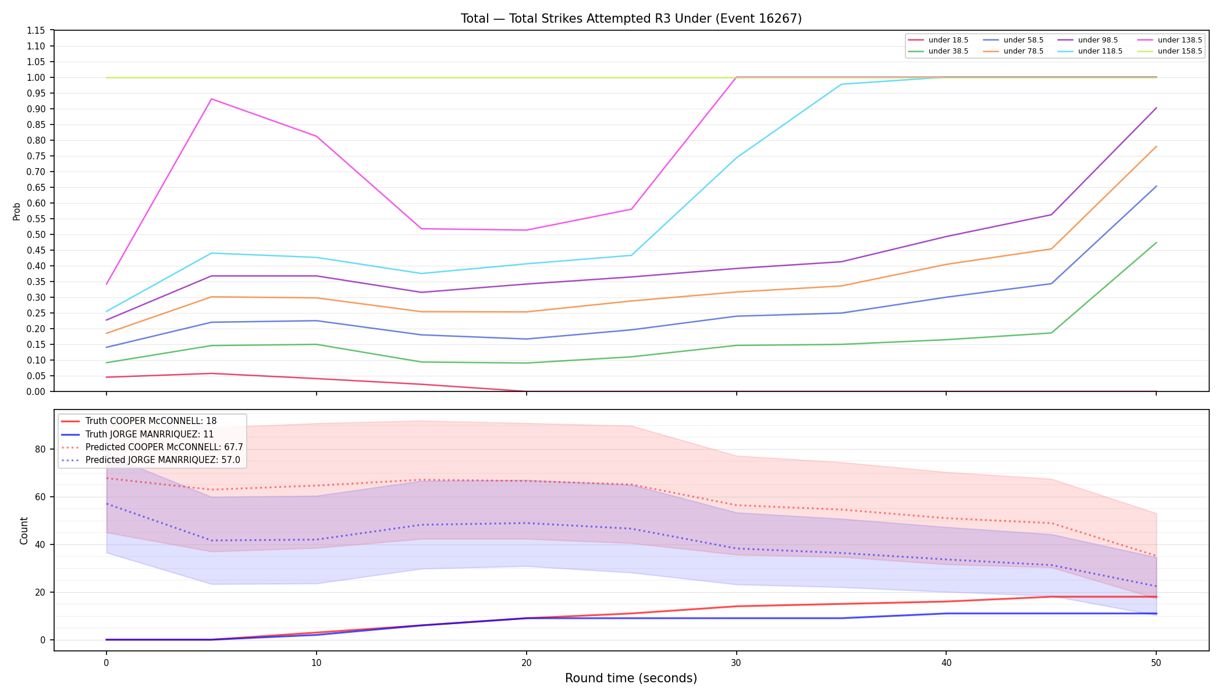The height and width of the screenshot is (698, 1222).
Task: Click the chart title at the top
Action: (x=631, y=19)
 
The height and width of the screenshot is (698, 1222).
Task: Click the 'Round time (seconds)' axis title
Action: (x=631, y=678)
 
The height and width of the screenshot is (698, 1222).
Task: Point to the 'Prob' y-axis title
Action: (x=17, y=211)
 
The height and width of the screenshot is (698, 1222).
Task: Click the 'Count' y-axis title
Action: (x=24, y=530)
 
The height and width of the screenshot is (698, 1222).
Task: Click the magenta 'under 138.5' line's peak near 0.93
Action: (x=211, y=99)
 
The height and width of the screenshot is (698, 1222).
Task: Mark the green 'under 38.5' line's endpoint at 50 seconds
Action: (x=1156, y=243)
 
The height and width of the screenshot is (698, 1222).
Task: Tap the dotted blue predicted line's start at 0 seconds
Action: (x=106, y=504)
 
